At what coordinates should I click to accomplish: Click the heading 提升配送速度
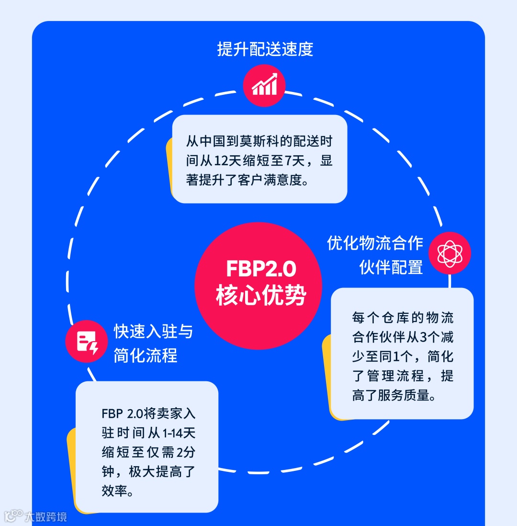click(265, 49)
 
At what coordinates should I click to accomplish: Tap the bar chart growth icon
click(264, 85)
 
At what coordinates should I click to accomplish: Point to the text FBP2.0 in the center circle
click(261, 269)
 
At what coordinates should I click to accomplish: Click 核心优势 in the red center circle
click(261, 296)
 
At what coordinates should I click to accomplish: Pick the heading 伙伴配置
click(391, 267)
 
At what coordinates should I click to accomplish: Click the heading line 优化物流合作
click(375, 243)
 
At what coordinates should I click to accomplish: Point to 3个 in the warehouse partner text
click(429, 337)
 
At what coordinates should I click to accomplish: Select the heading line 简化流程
click(146, 355)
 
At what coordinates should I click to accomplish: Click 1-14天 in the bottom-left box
click(179, 433)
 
